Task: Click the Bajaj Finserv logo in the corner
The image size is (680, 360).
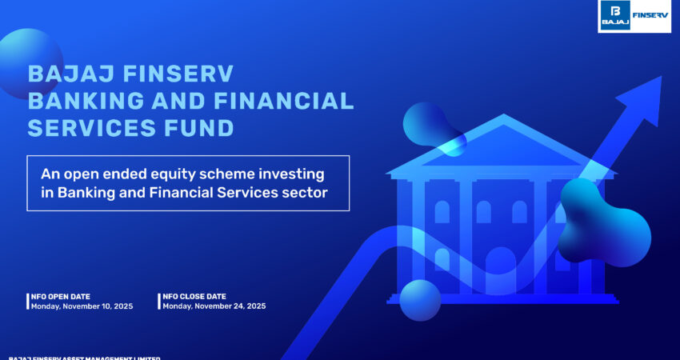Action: point(634,16)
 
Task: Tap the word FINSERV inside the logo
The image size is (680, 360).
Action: point(650,14)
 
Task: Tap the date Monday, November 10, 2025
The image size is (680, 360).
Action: point(82,306)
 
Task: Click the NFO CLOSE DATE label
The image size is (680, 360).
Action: point(194,297)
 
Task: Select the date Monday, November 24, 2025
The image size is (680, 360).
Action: point(214,306)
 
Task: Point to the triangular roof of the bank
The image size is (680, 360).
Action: point(500,148)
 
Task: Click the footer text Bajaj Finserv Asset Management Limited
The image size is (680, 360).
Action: point(84,357)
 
